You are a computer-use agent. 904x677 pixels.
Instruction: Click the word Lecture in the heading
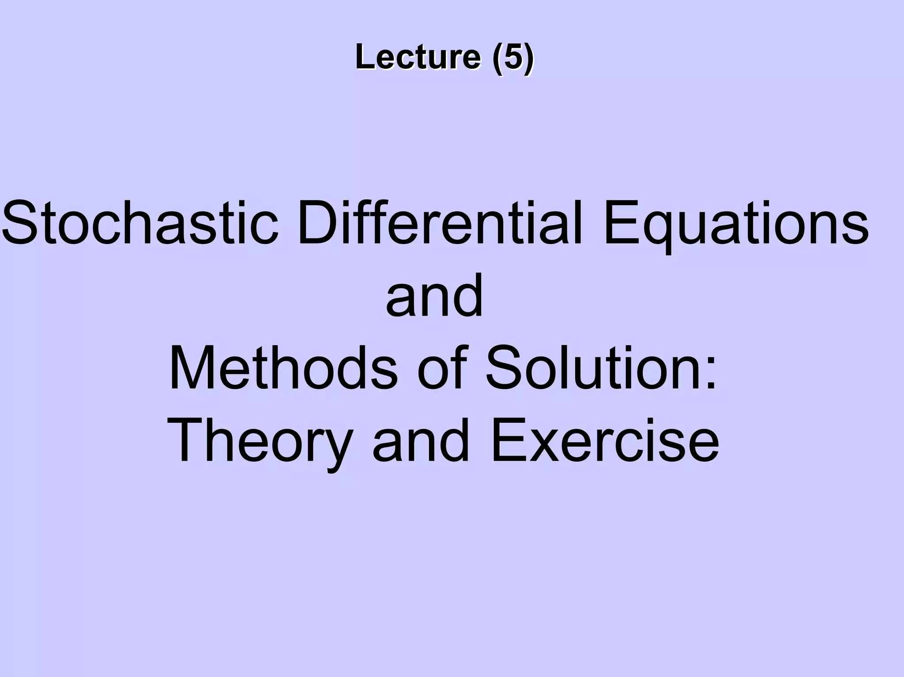[418, 57]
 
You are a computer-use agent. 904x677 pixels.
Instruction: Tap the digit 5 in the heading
[513, 57]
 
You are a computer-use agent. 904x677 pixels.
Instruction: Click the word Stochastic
[140, 223]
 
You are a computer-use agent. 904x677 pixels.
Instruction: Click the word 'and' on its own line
[434, 296]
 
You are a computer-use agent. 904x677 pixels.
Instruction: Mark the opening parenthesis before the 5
[497, 58]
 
